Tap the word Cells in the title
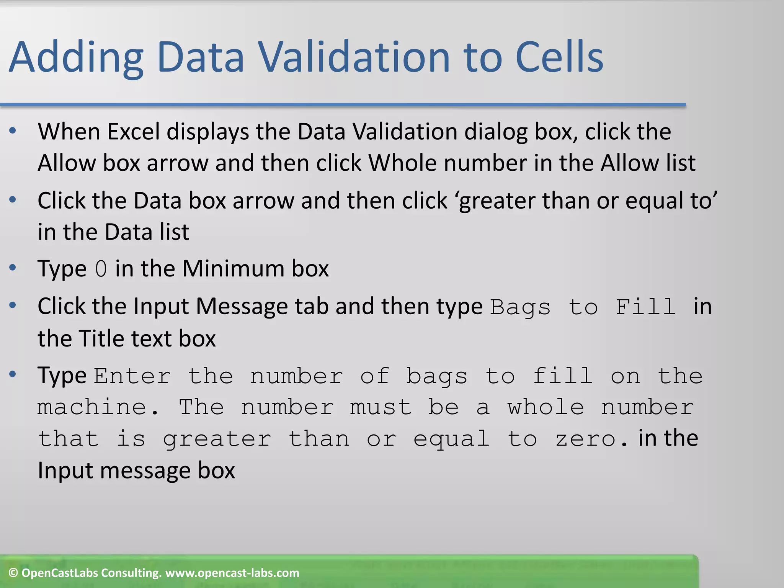coord(559,57)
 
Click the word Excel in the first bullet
coord(133,132)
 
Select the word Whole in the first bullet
coord(402,163)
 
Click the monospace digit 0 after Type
coord(101,269)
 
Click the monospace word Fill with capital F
coord(645,307)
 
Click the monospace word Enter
coord(132,376)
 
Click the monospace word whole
coord(546,407)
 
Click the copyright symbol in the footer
coord(13,573)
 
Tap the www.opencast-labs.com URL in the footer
coord(232,573)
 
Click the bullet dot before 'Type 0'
coord(13,268)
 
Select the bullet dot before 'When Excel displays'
coord(13,131)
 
